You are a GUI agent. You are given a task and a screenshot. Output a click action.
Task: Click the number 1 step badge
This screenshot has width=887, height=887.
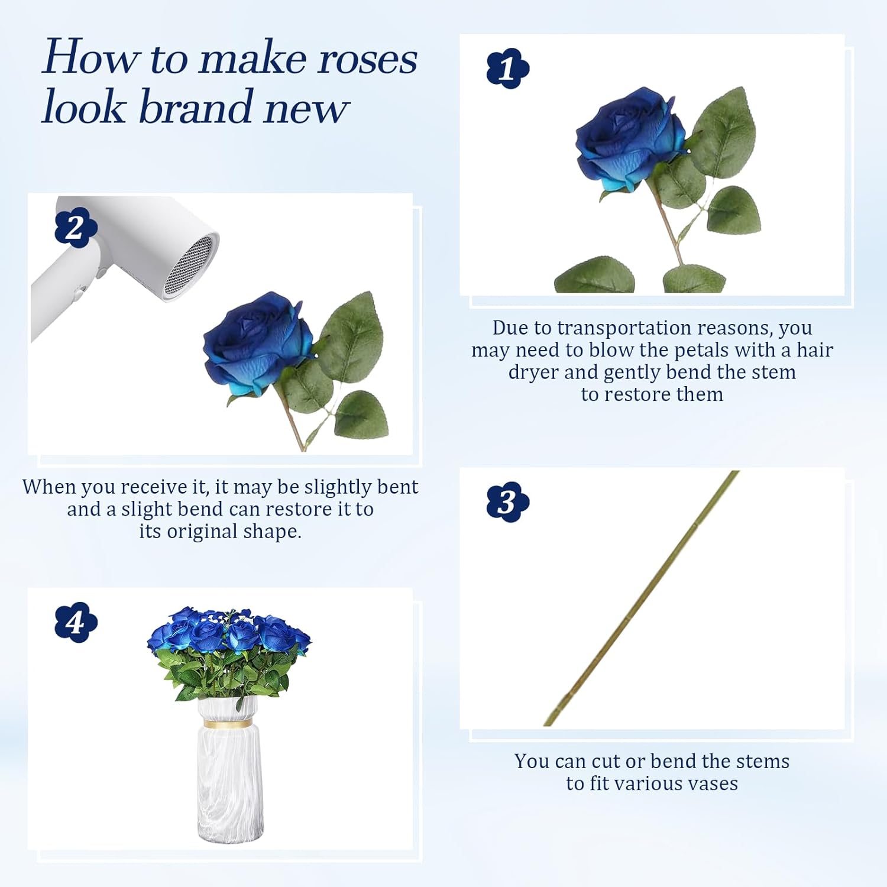pos(508,69)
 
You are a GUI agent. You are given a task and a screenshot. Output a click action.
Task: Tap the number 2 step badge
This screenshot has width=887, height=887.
pos(76,228)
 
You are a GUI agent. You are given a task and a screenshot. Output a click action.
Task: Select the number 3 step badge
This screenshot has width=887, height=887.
pos(508,502)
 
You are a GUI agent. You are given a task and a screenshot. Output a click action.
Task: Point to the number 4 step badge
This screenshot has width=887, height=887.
pos(76,622)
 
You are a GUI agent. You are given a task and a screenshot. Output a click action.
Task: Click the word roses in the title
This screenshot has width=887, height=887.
pos(367,59)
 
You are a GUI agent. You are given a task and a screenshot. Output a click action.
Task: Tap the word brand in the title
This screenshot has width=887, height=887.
pos(197,107)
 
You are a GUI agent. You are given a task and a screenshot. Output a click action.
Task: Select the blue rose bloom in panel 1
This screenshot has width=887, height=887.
pos(629,141)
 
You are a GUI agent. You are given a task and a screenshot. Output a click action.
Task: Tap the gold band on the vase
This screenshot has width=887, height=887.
pos(231,723)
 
